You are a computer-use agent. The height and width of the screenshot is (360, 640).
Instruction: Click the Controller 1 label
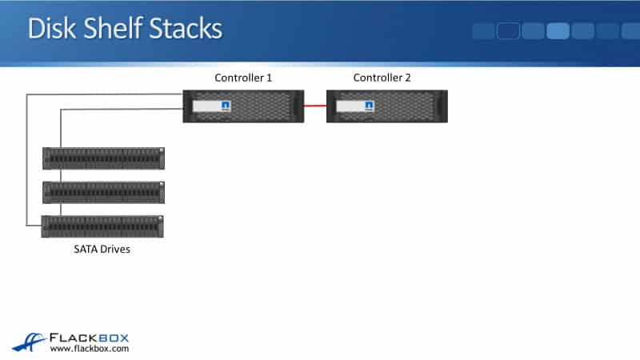[x=243, y=78]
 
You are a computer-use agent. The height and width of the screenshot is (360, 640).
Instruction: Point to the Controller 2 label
[x=382, y=78]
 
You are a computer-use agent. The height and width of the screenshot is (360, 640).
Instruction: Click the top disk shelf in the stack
[x=103, y=158]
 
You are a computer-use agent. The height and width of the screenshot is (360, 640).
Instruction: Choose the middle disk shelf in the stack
[x=103, y=192]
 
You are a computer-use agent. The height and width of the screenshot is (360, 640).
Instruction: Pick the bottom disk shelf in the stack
[x=103, y=226]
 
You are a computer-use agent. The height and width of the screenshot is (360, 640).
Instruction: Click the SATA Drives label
[x=97, y=250]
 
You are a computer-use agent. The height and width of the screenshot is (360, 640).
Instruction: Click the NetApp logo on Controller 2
[x=369, y=106]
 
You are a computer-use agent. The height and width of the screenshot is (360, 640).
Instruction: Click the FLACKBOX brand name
[x=89, y=338]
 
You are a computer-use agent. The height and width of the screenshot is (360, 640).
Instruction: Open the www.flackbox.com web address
[x=89, y=349]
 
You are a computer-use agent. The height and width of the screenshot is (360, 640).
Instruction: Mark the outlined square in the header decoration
[x=509, y=31]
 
